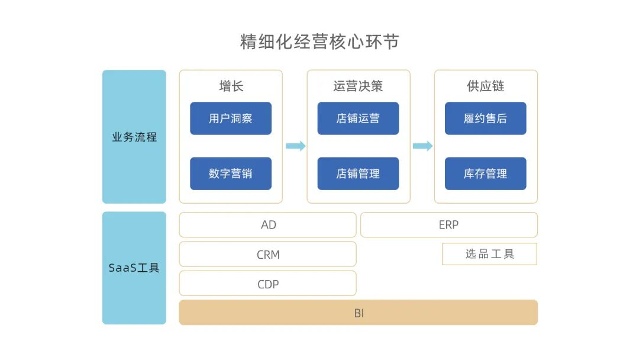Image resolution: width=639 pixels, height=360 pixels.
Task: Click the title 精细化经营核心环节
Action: pyautogui.click(x=319, y=41)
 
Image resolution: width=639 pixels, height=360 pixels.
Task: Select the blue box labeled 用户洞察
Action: pyautogui.click(x=231, y=118)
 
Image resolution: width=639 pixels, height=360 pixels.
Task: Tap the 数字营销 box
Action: pyautogui.click(x=231, y=173)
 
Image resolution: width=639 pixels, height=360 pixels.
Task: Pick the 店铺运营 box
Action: pyautogui.click(x=358, y=118)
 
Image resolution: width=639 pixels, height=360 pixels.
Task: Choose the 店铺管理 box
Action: pyautogui.click(x=358, y=173)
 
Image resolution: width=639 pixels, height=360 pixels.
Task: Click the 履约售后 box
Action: pyautogui.click(x=486, y=118)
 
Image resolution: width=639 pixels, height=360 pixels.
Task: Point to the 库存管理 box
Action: pyautogui.click(x=486, y=173)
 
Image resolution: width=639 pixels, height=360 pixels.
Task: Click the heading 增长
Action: pyautogui.click(x=231, y=86)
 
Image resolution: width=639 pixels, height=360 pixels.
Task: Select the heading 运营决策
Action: pyautogui.click(x=358, y=86)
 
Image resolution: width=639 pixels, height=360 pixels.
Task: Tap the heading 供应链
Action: pyautogui.click(x=486, y=86)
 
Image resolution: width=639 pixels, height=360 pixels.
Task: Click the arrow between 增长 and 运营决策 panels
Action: pyautogui.click(x=295, y=146)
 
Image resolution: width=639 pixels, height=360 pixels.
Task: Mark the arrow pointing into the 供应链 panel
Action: pyautogui.click(x=422, y=146)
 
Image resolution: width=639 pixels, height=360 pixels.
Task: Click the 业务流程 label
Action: pyautogui.click(x=134, y=137)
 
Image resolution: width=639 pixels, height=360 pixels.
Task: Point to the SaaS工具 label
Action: pyautogui.click(x=134, y=268)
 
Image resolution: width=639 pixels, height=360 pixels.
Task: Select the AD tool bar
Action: pyautogui.click(x=268, y=225)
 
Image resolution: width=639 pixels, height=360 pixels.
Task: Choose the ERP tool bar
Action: pyautogui.click(x=448, y=225)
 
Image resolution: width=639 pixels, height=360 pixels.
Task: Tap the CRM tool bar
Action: pyautogui.click(x=268, y=255)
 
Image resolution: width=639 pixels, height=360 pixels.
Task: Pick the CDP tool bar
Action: pyautogui.click(x=268, y=284)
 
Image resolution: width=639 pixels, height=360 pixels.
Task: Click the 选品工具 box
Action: pyautogui.click(x=489, y=254)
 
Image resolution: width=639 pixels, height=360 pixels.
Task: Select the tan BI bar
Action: pyautogui.click(x=359, y=313)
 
